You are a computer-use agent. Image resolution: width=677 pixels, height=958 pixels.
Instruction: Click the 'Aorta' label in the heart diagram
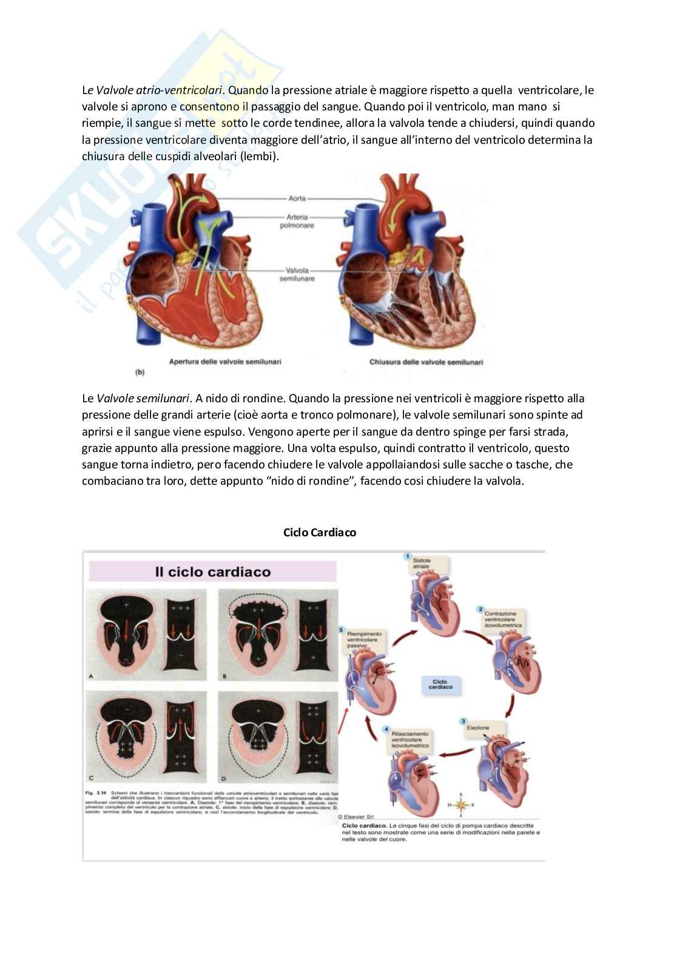[x=297, y=198]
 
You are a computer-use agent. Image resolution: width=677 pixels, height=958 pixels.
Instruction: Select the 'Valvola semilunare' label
[x=297, y=274]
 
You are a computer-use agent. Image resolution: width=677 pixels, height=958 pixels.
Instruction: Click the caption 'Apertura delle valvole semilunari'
[x=225, y=362]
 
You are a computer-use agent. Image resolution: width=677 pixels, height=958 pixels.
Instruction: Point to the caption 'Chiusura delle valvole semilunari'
[x=426, y=362]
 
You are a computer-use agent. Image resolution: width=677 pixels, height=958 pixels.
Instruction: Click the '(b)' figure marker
[x=140, y=373]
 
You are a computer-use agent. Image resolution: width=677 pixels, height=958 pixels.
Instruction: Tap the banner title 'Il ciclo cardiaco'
[x=212, y=572]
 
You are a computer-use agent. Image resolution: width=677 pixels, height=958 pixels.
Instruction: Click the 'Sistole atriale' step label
[x=422, y=564]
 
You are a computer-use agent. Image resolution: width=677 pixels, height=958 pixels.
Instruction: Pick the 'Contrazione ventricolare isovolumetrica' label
[x=503, y=619]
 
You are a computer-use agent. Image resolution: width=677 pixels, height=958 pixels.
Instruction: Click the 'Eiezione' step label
[x=477, y=727]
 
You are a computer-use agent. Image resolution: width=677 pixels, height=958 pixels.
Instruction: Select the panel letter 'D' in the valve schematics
[x=224, y=778]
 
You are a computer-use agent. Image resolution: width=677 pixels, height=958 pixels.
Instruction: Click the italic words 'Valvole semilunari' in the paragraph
[x=144, y=399]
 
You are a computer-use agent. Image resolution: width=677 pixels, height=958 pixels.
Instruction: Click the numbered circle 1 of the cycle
[x=408, y=556]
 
